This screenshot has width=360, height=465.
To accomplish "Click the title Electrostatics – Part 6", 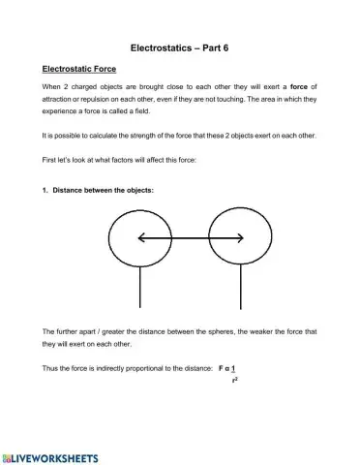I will (x=180, y=46).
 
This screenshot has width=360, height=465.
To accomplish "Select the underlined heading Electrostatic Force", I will (x=79, y=69).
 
